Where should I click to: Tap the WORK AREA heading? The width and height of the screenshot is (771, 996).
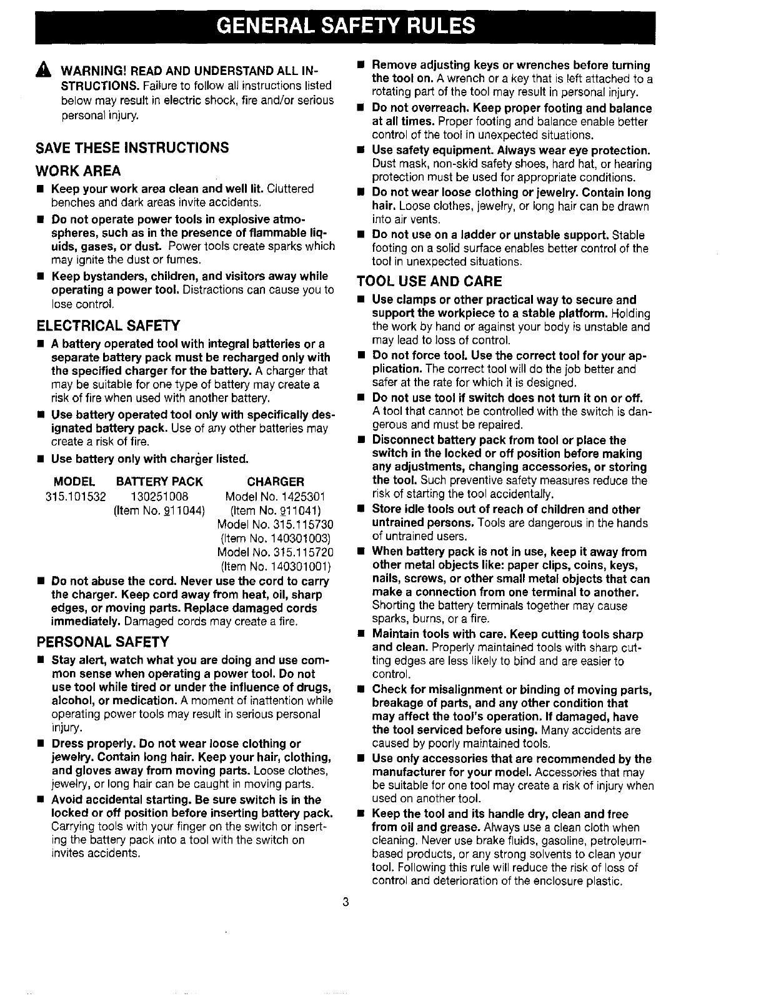coord(79,171)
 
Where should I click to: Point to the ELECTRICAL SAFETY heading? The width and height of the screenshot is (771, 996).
coord(109,326)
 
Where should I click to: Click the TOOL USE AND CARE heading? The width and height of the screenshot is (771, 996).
coord(429,281)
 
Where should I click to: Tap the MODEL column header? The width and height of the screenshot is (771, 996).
coord(75,482)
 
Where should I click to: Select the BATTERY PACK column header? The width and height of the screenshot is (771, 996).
coord(160,482)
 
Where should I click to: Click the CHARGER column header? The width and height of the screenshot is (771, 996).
coord(276,482)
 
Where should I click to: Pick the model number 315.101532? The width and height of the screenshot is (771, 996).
coord(76,497)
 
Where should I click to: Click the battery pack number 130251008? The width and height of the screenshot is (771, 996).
coord(160,497)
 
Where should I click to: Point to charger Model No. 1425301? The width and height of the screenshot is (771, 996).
coord(276,497)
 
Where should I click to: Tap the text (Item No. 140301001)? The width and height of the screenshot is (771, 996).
coord(276,567)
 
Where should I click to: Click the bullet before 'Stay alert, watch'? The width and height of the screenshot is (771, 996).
coord(39,660)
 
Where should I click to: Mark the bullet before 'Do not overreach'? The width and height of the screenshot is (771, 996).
coord(361,108)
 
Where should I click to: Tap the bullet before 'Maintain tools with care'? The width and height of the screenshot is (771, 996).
coord(361,634)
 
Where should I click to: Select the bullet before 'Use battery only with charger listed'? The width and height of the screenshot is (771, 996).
coord(39,460)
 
